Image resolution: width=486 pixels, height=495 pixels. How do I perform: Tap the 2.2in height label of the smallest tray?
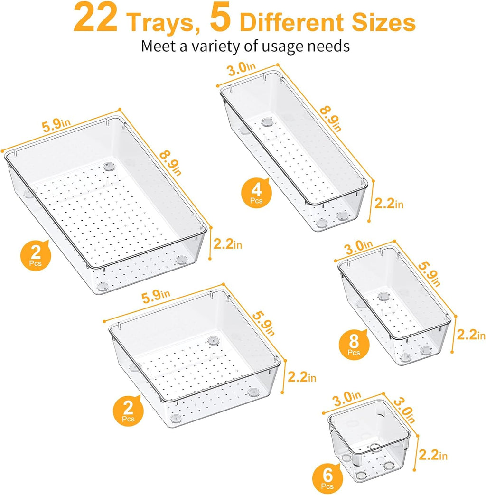click(433, 455)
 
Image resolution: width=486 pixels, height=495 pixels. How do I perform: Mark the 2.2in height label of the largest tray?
click(228, 245)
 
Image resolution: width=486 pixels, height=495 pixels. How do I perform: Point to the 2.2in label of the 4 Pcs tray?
click(389, 204)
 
